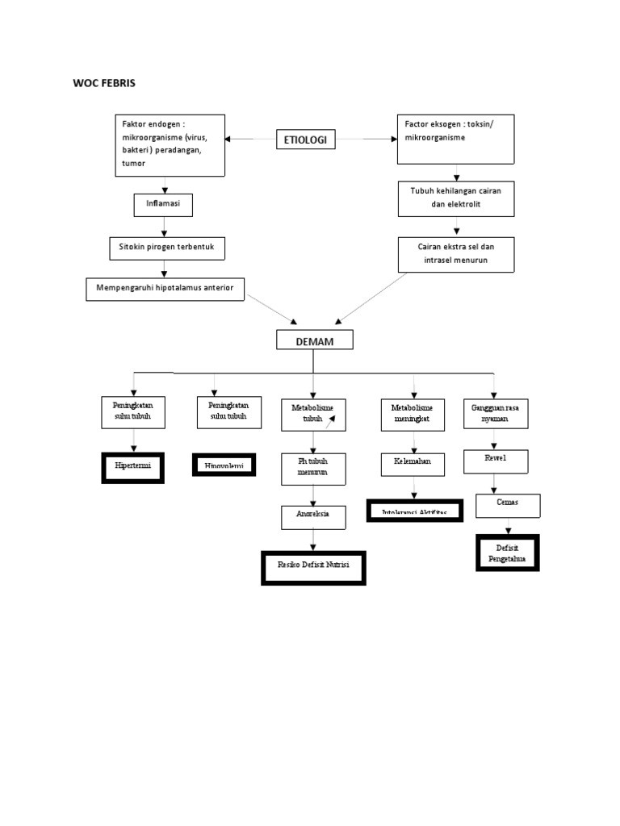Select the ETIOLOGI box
[306, 140]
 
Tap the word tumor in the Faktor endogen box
[134, 163]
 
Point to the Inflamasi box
[163, 205]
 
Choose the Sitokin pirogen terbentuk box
[167, 248]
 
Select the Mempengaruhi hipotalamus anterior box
[165, 289]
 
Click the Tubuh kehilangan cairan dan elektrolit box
[455, 198]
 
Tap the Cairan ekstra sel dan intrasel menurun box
[455, 254]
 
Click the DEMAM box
[315, 341]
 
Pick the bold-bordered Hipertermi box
[133, 467]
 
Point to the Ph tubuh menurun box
[313, 469]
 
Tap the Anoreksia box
[312, 516]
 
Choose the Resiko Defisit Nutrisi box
[313, 567]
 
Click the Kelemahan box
[413, 465]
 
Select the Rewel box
[495, 461]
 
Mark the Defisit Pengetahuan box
[506, 553]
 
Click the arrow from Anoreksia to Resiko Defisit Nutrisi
[313, 540]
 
